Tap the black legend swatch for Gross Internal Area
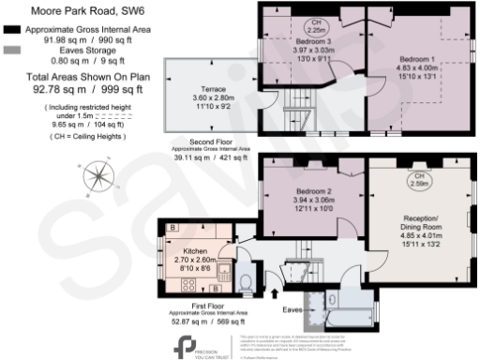pos(12,30)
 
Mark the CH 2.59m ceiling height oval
pos(416,181)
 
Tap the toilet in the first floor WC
pos(246,282)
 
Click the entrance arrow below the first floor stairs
pos(275,278)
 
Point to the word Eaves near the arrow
pos(293,306)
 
